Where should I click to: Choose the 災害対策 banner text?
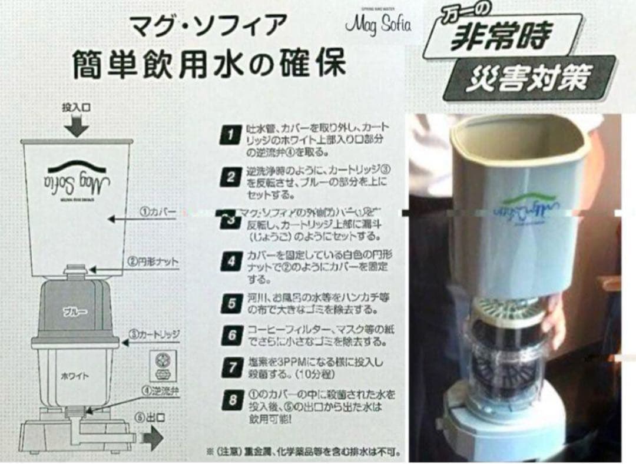(x=527, y=78)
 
